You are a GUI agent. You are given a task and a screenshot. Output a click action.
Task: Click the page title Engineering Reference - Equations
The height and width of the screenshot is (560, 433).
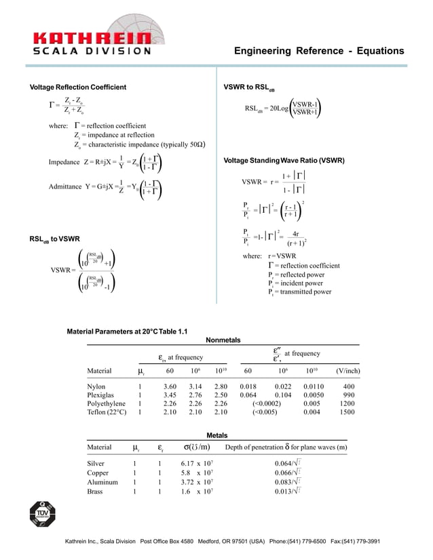click(x=318, y=52)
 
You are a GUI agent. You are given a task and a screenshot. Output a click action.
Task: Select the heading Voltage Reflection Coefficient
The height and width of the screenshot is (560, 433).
click(x=78, y=87)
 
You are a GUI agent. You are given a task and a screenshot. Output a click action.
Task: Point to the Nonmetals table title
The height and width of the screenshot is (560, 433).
click(x=223, y=340)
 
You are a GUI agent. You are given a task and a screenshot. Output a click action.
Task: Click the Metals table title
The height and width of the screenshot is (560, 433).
click(x=216, y=435)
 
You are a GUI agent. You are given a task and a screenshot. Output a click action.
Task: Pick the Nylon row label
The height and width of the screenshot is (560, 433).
click(x=96, y=386)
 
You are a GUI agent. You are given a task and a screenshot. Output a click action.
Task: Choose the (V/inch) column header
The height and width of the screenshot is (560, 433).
click(x=347, y=371)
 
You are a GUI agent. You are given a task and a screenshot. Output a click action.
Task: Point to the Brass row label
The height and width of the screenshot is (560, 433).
click(x=95, y=492)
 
